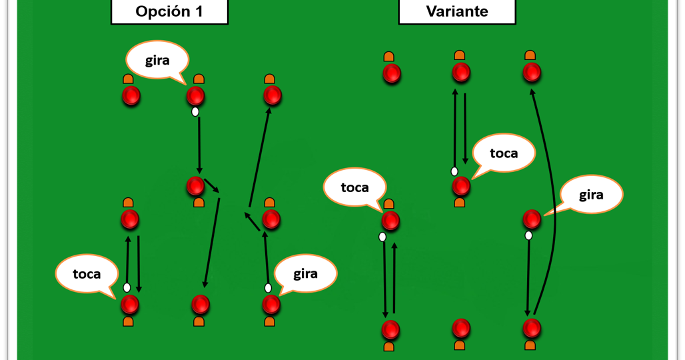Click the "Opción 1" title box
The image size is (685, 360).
(x=169, y=11)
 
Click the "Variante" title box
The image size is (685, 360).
(x=457, y=11)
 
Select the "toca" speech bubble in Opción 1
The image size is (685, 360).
(x=87, y=274)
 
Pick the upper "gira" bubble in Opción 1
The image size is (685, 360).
(x=157, y=60)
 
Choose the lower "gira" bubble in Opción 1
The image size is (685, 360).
(x=305, y=274)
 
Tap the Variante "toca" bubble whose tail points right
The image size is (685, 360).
(x=354, y=187)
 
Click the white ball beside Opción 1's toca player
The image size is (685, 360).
(x=127, y=287)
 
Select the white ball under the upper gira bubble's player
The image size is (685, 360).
(x=195, y=112)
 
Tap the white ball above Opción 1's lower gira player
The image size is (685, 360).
(x=268, y=288)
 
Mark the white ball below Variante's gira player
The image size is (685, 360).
(x=528, y=236)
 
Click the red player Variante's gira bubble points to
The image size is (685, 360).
(x=532, y=219)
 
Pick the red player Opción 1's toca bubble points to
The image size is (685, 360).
(x=130, y=305)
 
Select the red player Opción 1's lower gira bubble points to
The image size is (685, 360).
(x=271, y=305)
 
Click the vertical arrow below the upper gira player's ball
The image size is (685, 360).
(x=199, y=145)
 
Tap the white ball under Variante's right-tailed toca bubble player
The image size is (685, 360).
(x=382, y=237)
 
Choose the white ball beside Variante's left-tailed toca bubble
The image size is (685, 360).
(x=454, y=171)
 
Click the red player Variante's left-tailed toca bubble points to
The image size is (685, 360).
(x=461, y=187)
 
